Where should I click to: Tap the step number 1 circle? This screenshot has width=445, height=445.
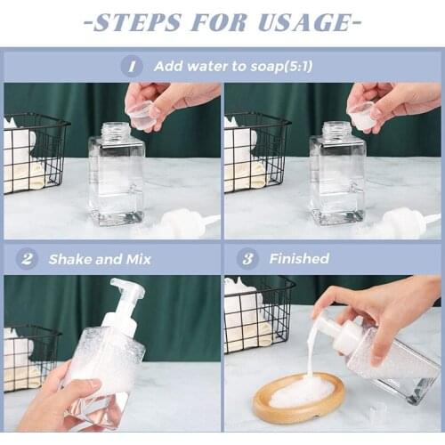pos(132,66)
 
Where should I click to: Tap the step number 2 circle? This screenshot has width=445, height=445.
pos(27,259)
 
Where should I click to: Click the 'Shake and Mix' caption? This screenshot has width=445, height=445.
pos(100,259)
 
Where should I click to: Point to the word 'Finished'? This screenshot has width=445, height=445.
pos(299,259)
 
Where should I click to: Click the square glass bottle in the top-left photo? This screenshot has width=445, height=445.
pos(116,178)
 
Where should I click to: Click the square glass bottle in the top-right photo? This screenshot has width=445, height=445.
pos(336,178)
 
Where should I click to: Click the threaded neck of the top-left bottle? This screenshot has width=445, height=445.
pos(116,131)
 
